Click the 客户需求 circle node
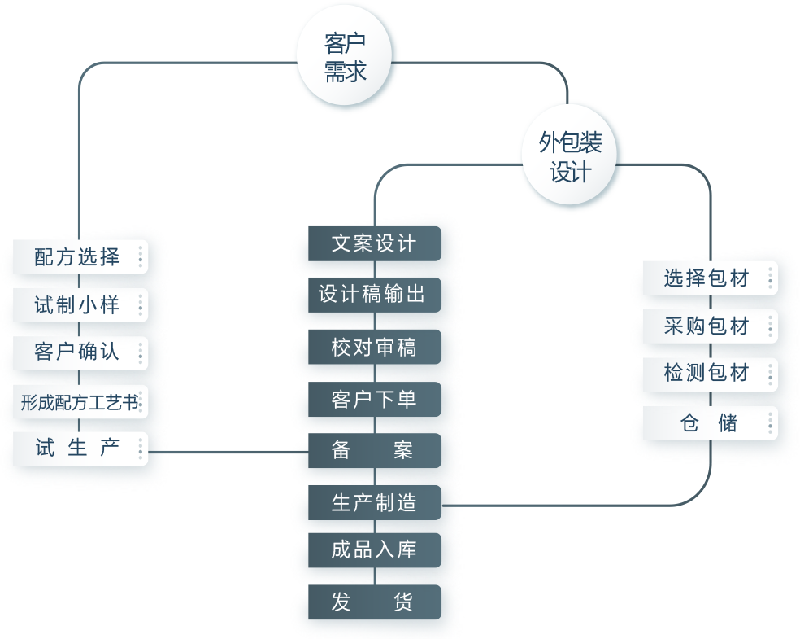pyautogui.click(x=346, y=62)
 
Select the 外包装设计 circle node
pyautogui.click(x=571, y=156)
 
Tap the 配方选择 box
pyautogui.click(x=80, y=257)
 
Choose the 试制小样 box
pyautogui.click(x=80, y=305)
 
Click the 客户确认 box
pyautogui.click(x=80, y=352)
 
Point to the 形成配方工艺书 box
pyautogui.click(x=80, y=401)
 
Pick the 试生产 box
pyautogui.click(x=80, y=449)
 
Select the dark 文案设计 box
pyautogui.click(x=374, y=243)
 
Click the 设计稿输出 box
pyautogui.click(x=374, y=294)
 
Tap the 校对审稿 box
pyautogui.click(x=374, y=348)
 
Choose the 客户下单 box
pyautogui.click(x=374, y=400)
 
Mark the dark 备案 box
pyautogui.click(x=374, y=450)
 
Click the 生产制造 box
pyautogui.click(x=374, y=503)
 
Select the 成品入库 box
pyautogui.click(x=374, y=550)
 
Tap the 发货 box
pyautogui.click(x=374, y=602)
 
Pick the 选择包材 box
pyautogui.click(x=706, y=278)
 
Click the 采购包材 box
pyautogui.click(x=706, y=326)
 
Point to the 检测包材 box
pyautogui.click(x=706, y=374)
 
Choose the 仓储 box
pyautogui.click(x=706, y=423)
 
